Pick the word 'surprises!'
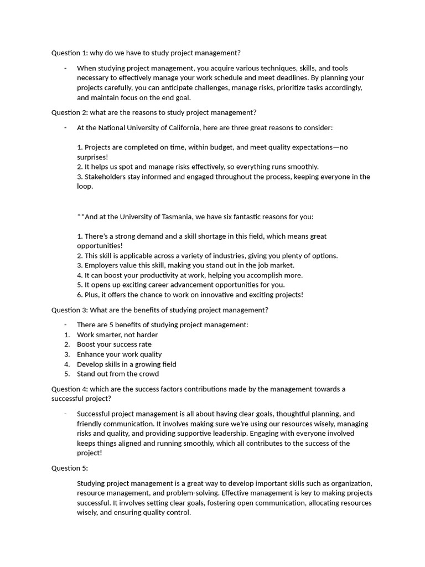click(x=92, y=157)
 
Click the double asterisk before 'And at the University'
click(x=81, y=216)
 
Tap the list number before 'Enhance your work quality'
click(x=67, y=354)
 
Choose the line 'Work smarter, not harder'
click(x=117, y=334)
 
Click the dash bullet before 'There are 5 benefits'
click(x=66, y=324)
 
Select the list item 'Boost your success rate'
click(x=114, y=344)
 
